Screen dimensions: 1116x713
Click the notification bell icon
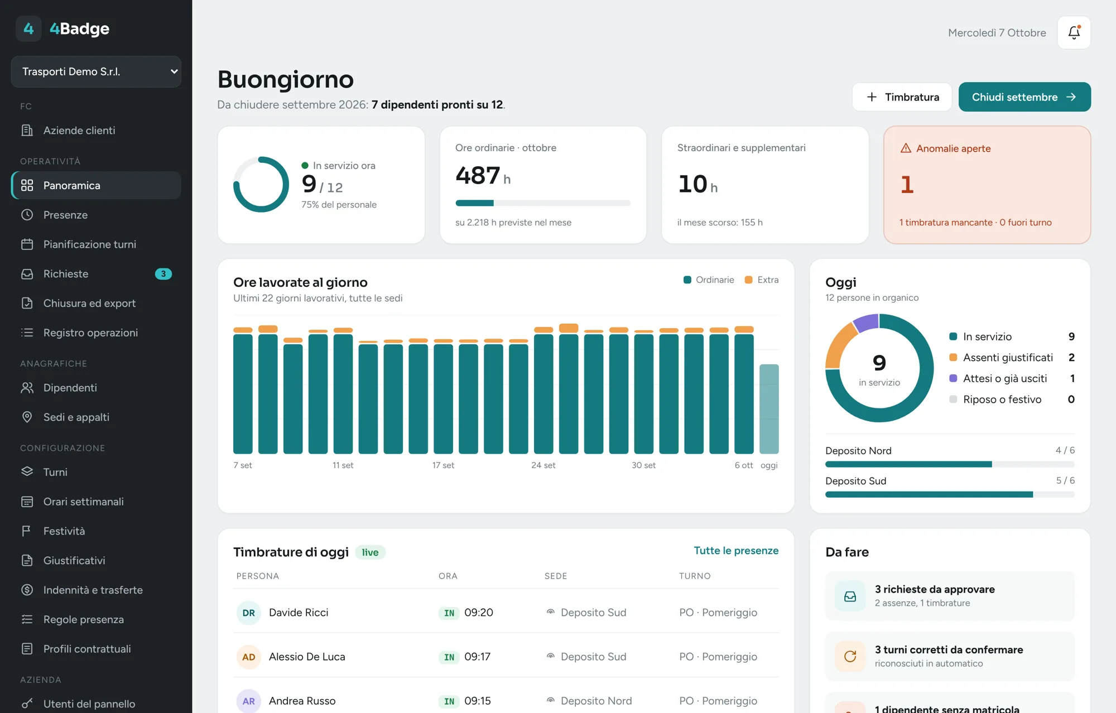(x=1074, y=32)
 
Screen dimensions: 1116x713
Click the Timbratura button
(x=902, y=97)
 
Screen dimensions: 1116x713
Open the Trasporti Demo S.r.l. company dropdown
(x=96, y=71)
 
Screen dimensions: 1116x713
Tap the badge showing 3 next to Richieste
(x=163, y=274)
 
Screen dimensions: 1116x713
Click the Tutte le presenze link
(x=736, y=551)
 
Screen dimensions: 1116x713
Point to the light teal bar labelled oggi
(x=769, y=409)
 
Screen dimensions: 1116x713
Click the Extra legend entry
(x=762, y=280)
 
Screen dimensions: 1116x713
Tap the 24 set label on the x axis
(x=543, y=465)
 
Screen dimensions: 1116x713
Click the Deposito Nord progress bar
(x=950, y=464)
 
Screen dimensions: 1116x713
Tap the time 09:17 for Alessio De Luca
(x=477, y=657)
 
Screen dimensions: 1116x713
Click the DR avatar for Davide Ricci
(x=248, y=613)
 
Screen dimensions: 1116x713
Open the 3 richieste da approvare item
(x=950, y=596)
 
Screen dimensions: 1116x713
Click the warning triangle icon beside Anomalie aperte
(x=906, y=148)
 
